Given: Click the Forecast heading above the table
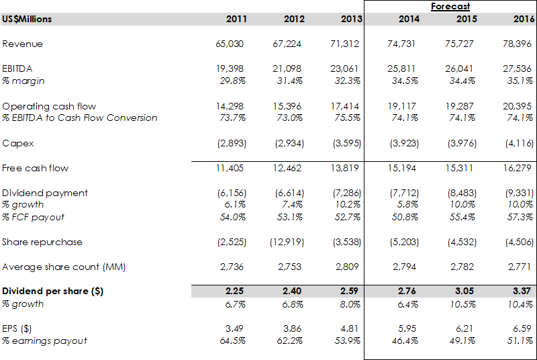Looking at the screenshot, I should pos(450,6).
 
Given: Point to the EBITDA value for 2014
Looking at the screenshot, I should pos(405,69).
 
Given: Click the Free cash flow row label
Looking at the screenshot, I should pos(35,168).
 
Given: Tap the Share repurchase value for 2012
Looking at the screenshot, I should pos(290,242).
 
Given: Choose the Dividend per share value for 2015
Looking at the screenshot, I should pos(467,291).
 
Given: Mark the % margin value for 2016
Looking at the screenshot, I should pos(520,81).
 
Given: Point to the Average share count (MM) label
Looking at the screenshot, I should pos(64,267).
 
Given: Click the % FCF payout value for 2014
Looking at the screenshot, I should pos(406,217).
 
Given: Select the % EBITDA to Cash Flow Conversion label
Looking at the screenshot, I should pos(80,118).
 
